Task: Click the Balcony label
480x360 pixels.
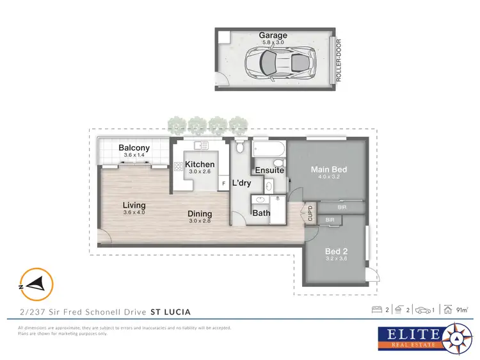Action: pos(134,149)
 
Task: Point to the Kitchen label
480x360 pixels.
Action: pos(200,165)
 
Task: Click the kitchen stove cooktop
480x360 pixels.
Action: pos(177,167)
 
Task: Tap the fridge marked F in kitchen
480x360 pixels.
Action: pos(223,184)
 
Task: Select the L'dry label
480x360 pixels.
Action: pos(241,183)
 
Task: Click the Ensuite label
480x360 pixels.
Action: pos(269,170)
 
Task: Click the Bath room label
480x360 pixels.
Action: pos(260,213)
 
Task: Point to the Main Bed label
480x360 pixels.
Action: pos(328,170)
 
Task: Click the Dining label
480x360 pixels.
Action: pos(200,214)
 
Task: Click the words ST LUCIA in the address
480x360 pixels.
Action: pos(170,312)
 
